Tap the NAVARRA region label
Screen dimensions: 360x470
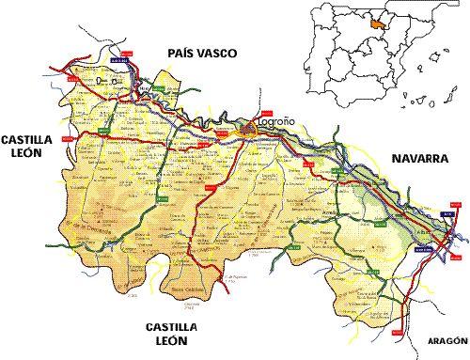click(x=415, y=160)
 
